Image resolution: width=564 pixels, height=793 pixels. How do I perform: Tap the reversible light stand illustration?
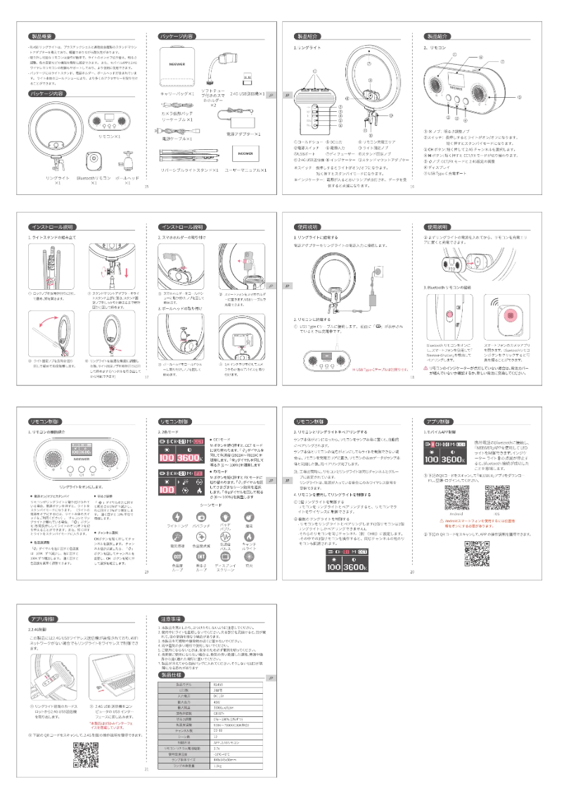(186, 156)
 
